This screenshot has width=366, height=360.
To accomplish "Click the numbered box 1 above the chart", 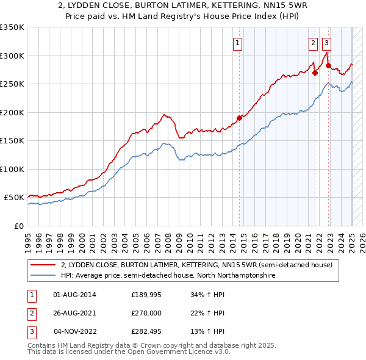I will click(x=237, y=43).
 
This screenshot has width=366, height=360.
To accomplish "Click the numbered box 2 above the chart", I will click(x=313, y=43).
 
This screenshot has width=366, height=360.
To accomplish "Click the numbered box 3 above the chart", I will click(x=327, y=43).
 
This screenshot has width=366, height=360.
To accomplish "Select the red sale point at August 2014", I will click(x=239, y=118).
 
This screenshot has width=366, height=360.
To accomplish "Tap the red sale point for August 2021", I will click(x=315, y=73).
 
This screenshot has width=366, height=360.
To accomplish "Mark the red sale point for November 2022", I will click(x=328, y=65).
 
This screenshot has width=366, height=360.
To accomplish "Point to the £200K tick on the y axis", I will click(x=12, y=112).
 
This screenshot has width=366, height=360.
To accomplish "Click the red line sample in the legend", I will click(x=43, y=265).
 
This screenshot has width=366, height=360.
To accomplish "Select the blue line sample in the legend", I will click(x=43, y=276).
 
